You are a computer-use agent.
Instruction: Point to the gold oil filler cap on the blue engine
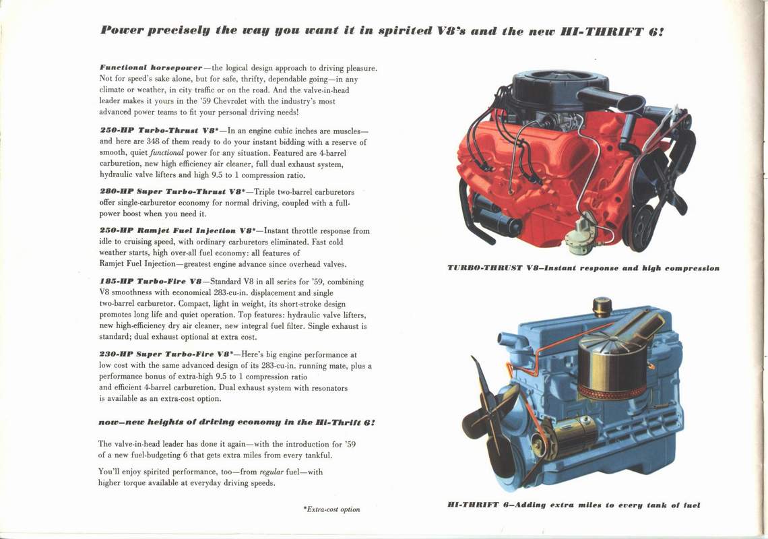(x=602, y=307)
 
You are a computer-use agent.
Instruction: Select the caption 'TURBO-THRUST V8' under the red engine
(x=495, y=268)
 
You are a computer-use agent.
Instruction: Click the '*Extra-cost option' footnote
(x=331, y=509)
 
